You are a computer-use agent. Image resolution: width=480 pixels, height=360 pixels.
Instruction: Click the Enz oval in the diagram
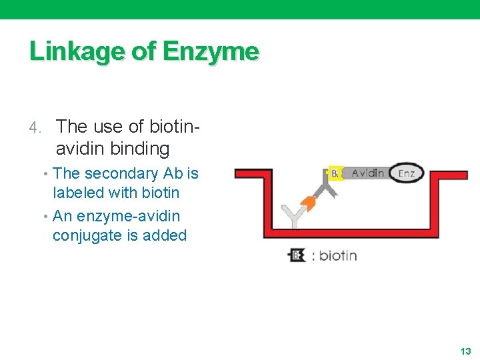pos(406,173)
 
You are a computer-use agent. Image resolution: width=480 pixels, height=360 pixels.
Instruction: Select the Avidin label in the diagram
pos(367,173)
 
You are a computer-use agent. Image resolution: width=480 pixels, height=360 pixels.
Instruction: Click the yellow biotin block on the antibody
pos(335,174)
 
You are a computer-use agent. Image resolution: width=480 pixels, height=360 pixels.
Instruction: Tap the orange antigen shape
pos(308,203)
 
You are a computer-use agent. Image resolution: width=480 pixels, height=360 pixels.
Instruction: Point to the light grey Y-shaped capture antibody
pos(292,217)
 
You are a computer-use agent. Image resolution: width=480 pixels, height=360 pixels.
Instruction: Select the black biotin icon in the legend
pos(296,255)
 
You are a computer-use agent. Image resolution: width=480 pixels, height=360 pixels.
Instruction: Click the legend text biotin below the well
pos(338,255)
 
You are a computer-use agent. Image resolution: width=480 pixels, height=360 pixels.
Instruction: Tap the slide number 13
pos(465,351)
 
